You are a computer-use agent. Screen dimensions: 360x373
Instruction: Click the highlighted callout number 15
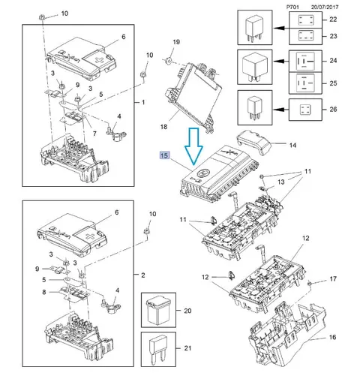164,155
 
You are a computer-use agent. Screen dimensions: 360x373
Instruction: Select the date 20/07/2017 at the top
325,7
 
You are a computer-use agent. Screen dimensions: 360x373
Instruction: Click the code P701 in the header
292,7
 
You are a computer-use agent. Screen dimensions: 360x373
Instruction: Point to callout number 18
163,127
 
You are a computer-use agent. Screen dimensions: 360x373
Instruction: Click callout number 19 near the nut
176,42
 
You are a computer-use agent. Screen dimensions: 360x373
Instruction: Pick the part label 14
292,145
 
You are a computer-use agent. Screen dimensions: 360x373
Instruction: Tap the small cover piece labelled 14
254,142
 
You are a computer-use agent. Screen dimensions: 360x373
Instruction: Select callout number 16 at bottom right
332,337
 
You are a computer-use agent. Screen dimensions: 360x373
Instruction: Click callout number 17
333,278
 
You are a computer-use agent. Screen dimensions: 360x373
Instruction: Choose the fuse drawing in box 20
158,310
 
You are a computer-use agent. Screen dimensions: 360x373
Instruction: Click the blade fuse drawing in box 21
158,349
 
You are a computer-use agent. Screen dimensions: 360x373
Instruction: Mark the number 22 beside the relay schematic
333,20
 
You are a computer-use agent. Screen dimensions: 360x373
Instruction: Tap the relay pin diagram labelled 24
305,61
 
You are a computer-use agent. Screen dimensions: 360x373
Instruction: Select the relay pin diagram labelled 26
305,110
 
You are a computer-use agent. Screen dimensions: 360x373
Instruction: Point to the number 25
333,83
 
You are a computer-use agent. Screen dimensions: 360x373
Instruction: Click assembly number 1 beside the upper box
143,102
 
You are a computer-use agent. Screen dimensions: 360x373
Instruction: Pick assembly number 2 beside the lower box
143,275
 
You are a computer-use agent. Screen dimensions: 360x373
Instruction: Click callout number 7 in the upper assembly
94,134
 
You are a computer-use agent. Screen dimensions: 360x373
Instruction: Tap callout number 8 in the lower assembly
44,292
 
